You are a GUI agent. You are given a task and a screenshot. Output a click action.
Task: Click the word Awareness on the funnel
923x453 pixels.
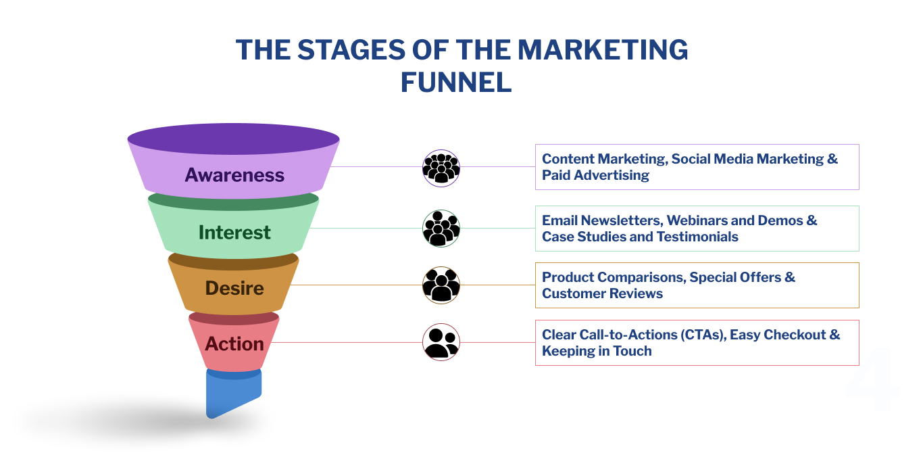234,175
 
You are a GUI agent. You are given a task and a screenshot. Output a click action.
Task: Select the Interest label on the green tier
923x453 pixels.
234,233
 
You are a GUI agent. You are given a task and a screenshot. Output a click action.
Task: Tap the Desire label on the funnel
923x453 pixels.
234,289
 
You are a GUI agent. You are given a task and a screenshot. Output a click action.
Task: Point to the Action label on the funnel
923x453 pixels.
234,344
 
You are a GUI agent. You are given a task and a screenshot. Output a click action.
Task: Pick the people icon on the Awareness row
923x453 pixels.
441,168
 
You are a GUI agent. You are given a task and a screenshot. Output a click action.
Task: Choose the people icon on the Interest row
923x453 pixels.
441,229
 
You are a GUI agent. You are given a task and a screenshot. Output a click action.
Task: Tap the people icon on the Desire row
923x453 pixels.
441,285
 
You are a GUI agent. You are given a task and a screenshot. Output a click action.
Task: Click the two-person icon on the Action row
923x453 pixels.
441,342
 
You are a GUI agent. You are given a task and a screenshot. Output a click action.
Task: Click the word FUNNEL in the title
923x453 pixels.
456,82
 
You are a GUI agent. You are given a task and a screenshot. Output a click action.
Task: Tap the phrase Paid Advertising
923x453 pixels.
595,175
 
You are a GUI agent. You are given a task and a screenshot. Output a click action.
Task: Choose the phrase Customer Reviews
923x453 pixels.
602,293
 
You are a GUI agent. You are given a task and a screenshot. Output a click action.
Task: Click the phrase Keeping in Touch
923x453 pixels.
597,351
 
